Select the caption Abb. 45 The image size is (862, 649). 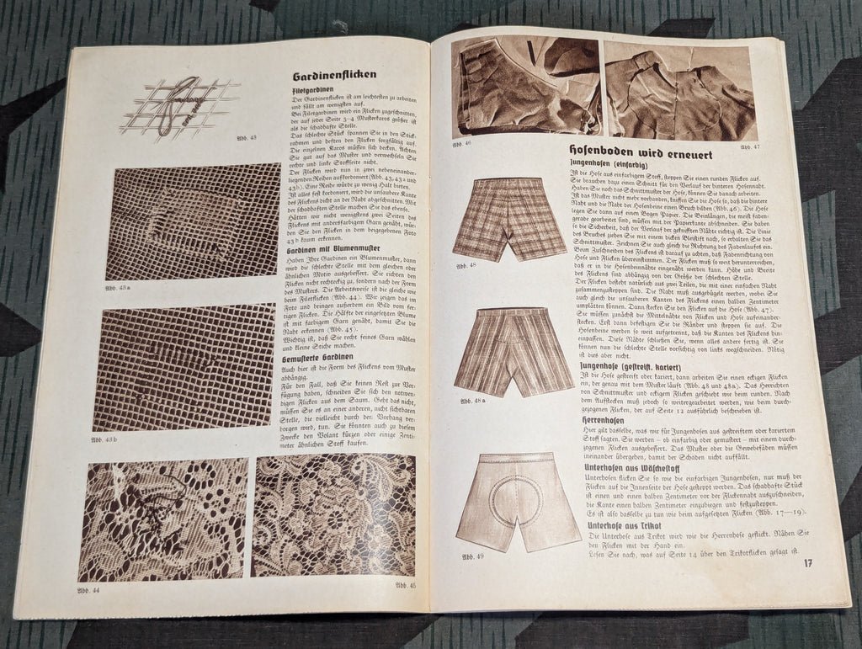[405, 586]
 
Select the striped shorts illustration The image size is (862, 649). [513, 350]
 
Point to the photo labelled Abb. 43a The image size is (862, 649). [193, 221]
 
